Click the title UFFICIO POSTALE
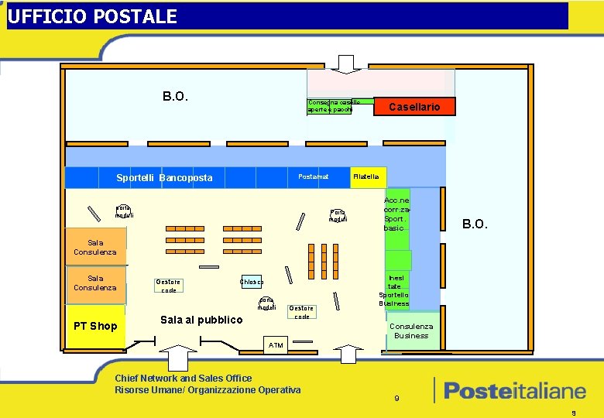pos(92,16)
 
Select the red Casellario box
pos(414,107)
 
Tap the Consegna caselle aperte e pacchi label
pos(330,107)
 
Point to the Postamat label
pos(313,176)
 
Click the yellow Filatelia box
pos(366,177)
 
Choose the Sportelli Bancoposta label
pos(164,178)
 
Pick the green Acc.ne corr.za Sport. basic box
pos(396,214)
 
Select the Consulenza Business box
pos(411,331)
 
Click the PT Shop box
pos(94,326)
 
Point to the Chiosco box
pos(252,282)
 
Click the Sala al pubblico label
pos(201,320)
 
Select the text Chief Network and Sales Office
pos(183,378)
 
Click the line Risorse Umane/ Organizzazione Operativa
pos(207,389)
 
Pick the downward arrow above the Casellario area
pos(346,63)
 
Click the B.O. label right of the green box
pos(475,224)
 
